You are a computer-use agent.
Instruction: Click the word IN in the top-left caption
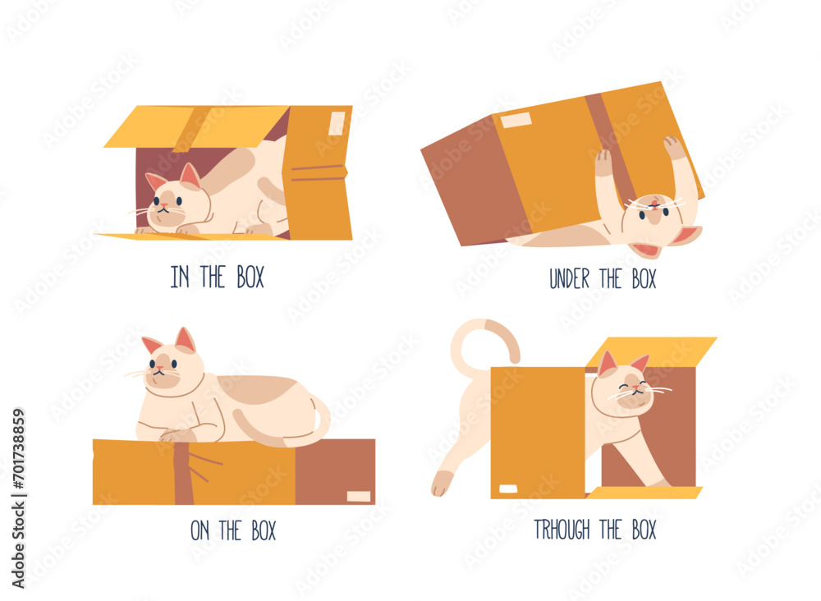click(x=179, y=278)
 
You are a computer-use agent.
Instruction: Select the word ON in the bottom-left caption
click(x=200, y=531)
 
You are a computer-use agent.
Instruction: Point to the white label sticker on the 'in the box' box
click(x=337, y=123)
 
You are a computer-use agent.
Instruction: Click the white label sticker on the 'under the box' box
click(x=516, y=121)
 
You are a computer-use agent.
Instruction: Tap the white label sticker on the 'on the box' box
click(x=358, y=496)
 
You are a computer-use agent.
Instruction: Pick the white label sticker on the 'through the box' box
click(x=508, y=489)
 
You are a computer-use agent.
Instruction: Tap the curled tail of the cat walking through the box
click(x=484, y=337)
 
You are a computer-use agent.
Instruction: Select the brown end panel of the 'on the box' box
click(x=335, y=471)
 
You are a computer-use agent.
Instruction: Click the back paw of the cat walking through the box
click(x=442, y=484)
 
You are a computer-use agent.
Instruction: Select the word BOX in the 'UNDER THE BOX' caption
click(x=640, y=279)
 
